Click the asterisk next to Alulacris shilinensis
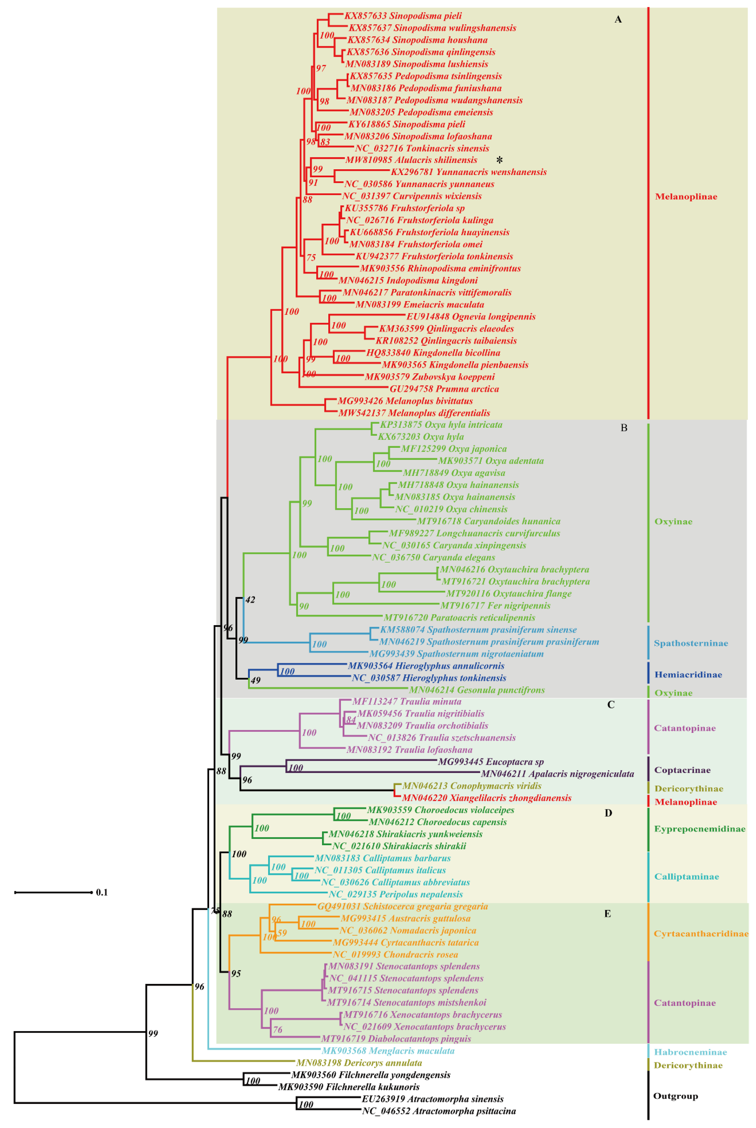(x=499, y=160)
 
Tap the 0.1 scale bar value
(x=102, y=892)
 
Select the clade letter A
(x=618, y=19)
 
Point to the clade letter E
(x=607, y=914)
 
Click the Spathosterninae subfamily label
(x=690, y=643)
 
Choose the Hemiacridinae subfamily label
(x=688, y=675)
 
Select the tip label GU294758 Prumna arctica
(x=444, y=389)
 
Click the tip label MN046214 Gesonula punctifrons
(x=477, y=690)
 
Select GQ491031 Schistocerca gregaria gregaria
(x=402, y=907)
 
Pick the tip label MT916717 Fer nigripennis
(x=495, y=606)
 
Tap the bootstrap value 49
(x=255, y=680)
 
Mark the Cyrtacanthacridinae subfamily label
(x=701, y=934)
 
